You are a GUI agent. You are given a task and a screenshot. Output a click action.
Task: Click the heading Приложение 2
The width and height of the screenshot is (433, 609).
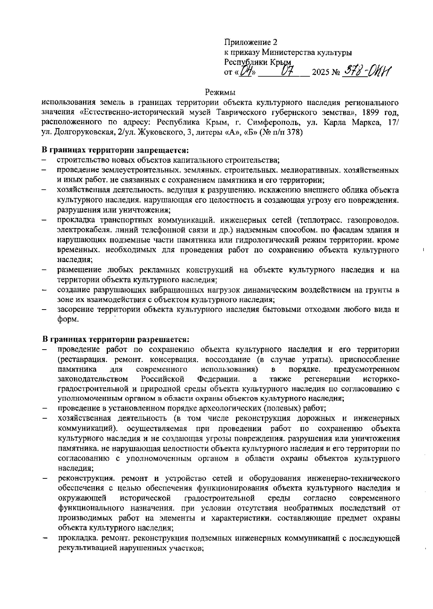click(x=251, y=42)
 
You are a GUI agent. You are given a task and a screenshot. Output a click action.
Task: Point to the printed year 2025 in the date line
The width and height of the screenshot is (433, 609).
click(x=321, y=72)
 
